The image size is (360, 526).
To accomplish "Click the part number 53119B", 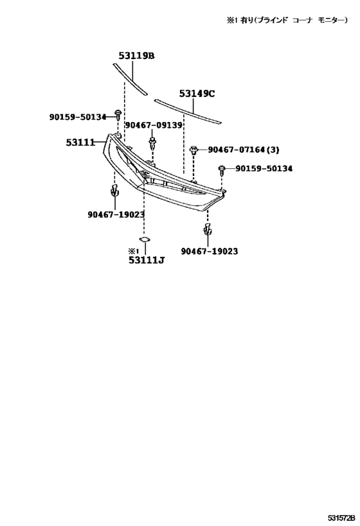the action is (136, 56).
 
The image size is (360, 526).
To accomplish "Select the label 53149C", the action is (197, 93).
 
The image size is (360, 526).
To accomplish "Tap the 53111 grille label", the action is (80, 143).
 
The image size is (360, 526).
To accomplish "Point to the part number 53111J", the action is (147, 259).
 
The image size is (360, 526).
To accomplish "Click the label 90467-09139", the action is (154, 125).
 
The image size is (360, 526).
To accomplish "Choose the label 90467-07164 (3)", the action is (243, 150).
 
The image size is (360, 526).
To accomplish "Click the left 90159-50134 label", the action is (78, 117).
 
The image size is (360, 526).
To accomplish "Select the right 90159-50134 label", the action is (264, 168).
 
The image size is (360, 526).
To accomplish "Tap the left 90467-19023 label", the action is (116, 215).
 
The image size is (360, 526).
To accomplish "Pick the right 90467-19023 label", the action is (209, 251).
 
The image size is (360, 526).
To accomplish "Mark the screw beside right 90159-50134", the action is (222, 170).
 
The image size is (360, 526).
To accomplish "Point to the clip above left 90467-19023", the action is (115, 190).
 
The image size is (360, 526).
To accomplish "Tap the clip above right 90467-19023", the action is (208, 228).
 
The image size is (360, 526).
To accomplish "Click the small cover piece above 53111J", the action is (145, 239).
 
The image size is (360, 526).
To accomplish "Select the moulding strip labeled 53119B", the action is (130, 79).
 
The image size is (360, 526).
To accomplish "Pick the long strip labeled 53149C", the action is (188, 111).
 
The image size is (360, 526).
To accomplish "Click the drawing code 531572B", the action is (341, 519).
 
